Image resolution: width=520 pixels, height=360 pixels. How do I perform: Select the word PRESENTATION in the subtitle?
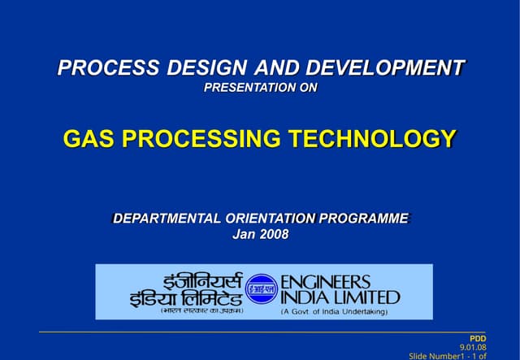243,88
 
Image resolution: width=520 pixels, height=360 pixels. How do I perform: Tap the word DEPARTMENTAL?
166,219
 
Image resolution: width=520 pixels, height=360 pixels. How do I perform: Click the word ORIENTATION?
270,219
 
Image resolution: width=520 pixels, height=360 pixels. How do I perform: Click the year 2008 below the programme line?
274,235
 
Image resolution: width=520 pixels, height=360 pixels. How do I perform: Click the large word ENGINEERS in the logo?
325,281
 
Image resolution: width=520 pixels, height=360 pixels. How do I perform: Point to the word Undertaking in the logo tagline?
361,311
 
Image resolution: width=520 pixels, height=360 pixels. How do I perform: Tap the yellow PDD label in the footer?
478,337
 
